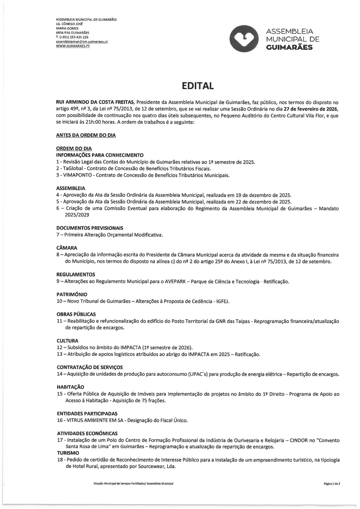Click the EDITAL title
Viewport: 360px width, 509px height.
click(198, 86)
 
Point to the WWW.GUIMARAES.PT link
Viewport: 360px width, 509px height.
click(73, 46)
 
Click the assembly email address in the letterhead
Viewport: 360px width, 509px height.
click(81, 42)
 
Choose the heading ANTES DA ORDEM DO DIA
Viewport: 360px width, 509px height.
click(86, 135)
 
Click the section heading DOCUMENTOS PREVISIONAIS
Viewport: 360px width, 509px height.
click(90, 228)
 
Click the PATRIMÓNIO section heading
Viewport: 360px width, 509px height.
click(72, 295)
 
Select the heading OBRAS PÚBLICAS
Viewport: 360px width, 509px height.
click(76, 314)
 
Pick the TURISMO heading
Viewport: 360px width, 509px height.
click(68, 453)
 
